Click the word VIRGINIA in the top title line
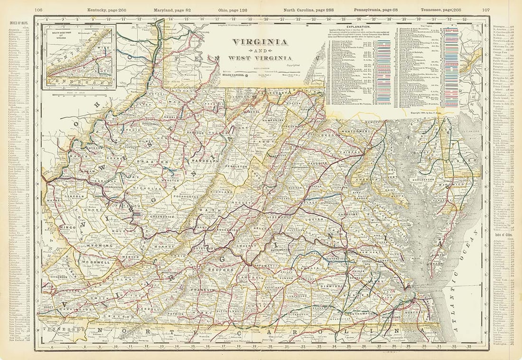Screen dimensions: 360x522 click(260, 42)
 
